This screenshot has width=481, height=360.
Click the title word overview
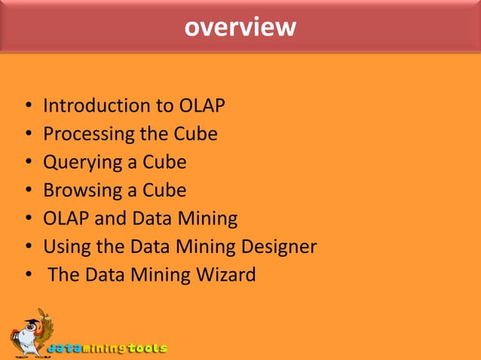pyautogui.click(x=240, y=27)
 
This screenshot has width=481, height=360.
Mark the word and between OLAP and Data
pyautogui.click(x=110, y=219)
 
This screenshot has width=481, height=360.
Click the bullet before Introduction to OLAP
pyautogui.click(x=28, y=107)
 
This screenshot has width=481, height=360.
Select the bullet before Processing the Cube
pyautogui.click(x=28, y=136)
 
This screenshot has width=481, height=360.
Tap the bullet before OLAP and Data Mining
pyautogui.click(x=28, y=220)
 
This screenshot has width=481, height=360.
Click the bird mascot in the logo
pyautogui.click(x=31, y=331)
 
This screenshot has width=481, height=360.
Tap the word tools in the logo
pyautogui.click(x=146, y=349)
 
